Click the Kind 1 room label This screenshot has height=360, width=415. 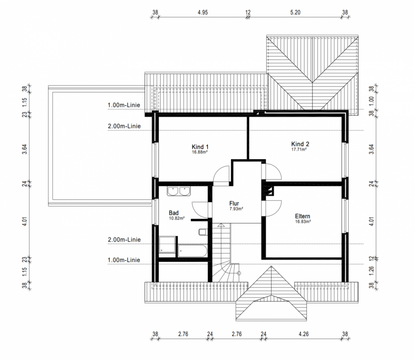click(x=200, y=147)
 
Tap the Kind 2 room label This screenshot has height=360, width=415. click(x=300, y=144)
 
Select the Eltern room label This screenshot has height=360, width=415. click(x=303, y=216)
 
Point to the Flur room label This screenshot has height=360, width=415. click(x=234, y=203)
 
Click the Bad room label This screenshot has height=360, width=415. click(x=174, y=213)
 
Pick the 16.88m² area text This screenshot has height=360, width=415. click(x=200, y=152)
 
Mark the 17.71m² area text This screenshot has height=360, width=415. click(x=299, y=150)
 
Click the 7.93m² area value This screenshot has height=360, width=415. click(x=236, y=209)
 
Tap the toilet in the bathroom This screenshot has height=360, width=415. click(x=203, y=232)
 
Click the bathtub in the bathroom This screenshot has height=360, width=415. click(x=193, y=251)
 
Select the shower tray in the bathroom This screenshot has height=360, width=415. click(x=167, y=245)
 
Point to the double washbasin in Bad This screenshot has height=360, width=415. click(x=179, y=191)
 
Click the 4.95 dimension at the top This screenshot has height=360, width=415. click(x=203, y=12)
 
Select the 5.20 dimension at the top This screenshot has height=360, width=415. click(x=295, y=12)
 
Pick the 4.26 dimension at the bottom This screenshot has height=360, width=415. click(x=304, y=334)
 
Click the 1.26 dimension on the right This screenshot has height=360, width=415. click(x=371, y=271)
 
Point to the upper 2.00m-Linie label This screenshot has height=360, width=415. click(x=124, y=126)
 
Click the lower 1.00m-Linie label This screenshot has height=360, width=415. click(x=124, y=260)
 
